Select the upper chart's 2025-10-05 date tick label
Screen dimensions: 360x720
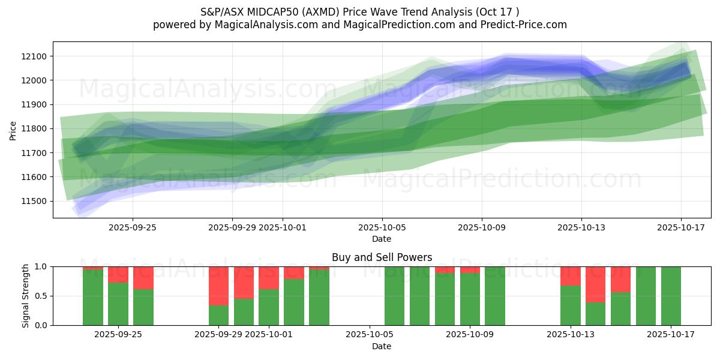pos(382,227)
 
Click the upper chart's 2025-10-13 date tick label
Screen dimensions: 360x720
pos(581,227)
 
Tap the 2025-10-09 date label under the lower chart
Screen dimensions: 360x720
pos(481,334)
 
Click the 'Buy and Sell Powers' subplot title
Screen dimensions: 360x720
pos(382,257)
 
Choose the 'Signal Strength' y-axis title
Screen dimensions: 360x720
pos(26,296)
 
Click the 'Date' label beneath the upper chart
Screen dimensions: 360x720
pos(382,239)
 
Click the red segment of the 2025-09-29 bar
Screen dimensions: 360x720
pos(219,286)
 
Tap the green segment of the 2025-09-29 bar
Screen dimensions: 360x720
pos(219,315)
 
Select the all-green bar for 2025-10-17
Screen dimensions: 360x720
pos(671,296)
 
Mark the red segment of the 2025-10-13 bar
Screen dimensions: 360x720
pos(571,276)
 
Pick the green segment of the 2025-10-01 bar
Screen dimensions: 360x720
pos(269,307)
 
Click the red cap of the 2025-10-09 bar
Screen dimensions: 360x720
pos(470,270)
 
